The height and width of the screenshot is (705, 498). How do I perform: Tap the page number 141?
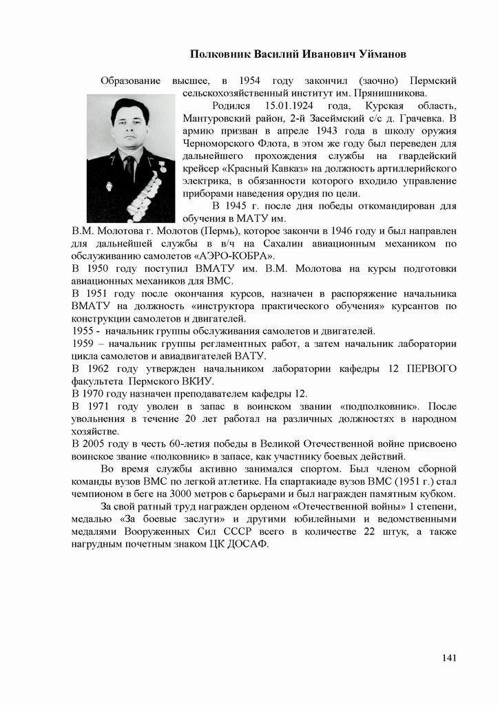(x=449, y=658)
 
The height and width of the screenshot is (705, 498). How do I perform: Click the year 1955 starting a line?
(x=83, y=330)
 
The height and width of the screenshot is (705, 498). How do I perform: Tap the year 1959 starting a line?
(x=83, y=343)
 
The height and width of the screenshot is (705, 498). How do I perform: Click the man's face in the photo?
(x=130, y=128)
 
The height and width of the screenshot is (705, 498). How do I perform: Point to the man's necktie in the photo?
(x=129, y=169)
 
